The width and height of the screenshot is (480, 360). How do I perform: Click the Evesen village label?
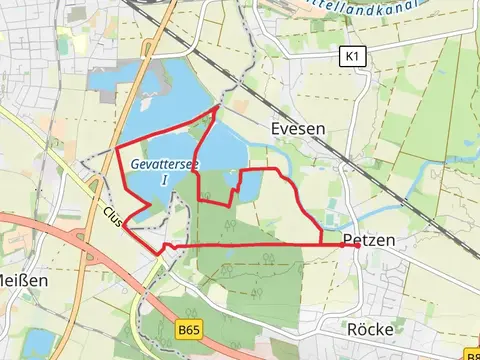pos(297,129)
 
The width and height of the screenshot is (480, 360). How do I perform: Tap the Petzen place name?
pos(368,241)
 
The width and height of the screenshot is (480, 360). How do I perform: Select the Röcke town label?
pos(372,328)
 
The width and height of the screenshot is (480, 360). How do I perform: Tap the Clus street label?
pos(113,215)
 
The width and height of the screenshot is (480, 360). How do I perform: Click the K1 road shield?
pos(350,57)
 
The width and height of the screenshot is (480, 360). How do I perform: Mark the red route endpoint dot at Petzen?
pos(356,244)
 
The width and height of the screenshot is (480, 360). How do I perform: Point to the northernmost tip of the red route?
pos(218,105)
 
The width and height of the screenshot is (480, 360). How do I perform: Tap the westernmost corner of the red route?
pos(117,148)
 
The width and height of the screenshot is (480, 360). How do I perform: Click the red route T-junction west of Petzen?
pos(320,244)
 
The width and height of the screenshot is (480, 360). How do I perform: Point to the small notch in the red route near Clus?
pos(170,245)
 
